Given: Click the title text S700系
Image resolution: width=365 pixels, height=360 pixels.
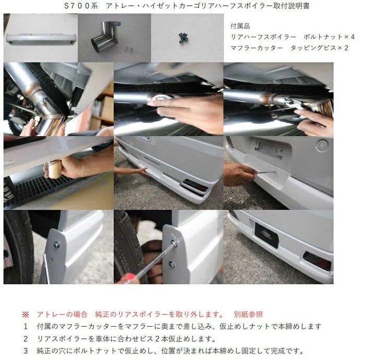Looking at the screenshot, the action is click(x=81, y=6).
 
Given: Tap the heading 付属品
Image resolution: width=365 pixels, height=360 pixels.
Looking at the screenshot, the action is click(x=240, y=26).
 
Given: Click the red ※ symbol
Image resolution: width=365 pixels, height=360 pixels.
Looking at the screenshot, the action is click(x=26, y=315).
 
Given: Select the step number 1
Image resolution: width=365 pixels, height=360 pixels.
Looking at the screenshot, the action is click(x=26, y=327).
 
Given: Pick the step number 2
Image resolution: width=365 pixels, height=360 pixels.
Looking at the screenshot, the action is click(x=26, y=339).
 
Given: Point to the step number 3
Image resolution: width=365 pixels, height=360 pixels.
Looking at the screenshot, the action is click(x=26, y=351).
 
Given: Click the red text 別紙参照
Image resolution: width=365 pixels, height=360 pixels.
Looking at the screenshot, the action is click(x=248, y=315).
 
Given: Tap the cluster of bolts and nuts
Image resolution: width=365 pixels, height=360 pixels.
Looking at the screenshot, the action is click(x=184, y=38).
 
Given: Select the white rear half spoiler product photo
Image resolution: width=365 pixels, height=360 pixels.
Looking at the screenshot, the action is click(x=41, y=39).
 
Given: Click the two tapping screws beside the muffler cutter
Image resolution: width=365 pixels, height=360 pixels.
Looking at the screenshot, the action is click(x=128, y=50).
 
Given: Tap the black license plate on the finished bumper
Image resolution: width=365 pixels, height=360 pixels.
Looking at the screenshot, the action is click(x=267, y=235).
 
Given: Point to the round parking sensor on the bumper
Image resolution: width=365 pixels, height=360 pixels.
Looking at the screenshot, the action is click(x=322, y=145).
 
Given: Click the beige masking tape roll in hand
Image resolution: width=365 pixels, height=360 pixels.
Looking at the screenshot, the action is click(x=54, y=170).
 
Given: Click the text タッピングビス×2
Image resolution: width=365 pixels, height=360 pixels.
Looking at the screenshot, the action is click(x=319, y=48).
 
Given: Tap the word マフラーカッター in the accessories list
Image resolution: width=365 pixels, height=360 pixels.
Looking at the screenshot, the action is click(x=257, y=48).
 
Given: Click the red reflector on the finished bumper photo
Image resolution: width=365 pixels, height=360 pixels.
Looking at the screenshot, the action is click(x=318, y=261).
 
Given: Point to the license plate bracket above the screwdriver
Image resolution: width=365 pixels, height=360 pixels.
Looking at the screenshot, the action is click(x=270, y=149).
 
